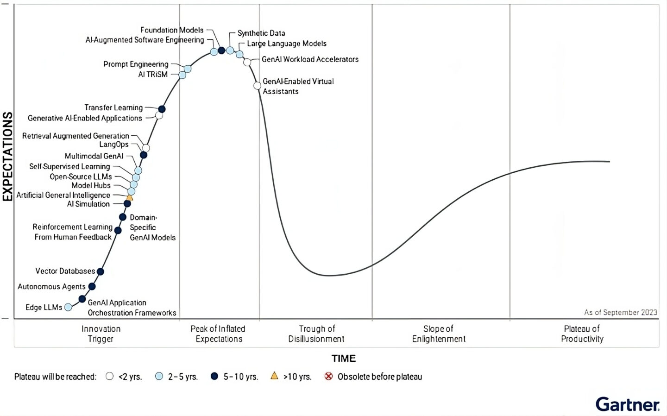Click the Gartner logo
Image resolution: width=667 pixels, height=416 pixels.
tap(627, 404)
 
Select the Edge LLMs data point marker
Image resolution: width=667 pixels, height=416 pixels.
tap(69, 307)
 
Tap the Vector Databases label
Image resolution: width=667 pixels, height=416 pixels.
tap(65, 271)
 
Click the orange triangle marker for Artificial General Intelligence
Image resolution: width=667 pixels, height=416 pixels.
tap(130, 198)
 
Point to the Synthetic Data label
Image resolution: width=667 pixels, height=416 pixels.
tap(261, 33)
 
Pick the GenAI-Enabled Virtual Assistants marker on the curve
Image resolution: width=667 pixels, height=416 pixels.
tap(258, 86)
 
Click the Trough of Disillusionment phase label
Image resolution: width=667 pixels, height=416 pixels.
tap(316, 334)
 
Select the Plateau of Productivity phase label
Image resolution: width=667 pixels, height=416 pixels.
tap(582, 334)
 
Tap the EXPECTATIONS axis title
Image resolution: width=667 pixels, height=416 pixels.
tap(7, 157)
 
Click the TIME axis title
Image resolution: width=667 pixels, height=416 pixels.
tap(343, 358)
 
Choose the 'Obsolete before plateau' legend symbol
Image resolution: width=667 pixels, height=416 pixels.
tap(328, 376)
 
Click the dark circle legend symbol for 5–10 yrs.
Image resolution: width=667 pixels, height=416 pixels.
tap(214, 376)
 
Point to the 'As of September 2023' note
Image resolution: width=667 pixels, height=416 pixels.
tap(620, 312)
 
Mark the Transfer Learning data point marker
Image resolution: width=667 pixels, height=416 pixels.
tap(162, 109)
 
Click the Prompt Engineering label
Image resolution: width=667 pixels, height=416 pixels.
tap(136, 64)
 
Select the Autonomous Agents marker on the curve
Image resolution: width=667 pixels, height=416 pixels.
tap(92, 287)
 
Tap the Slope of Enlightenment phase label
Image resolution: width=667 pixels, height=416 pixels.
tap(438, 334)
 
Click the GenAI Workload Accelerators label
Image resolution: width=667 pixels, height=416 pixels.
tap(310, 59)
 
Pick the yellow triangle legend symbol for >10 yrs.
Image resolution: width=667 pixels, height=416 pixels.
tap(274, 376)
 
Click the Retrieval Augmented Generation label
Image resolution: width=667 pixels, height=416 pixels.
tap(76, 136)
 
